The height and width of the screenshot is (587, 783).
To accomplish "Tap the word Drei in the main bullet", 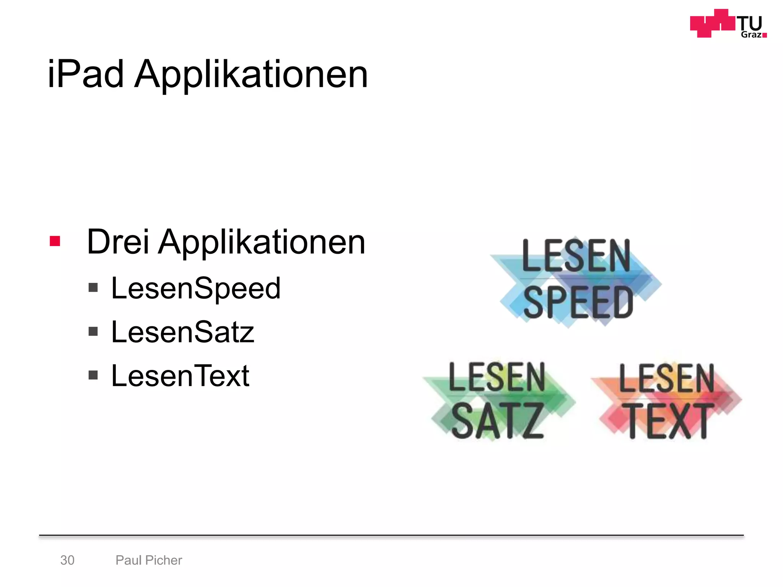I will (x=118, y=242).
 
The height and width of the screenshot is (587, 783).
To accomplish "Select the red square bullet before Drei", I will (x=55, y=241).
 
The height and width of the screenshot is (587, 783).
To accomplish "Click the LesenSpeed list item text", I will (x=196, y=288).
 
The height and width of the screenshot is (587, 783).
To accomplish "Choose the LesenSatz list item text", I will (x=183, y=332).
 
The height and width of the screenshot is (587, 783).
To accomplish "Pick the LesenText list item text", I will (x=180, y=376).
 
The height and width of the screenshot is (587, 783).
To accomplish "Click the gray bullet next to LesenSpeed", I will (x=93, y=287).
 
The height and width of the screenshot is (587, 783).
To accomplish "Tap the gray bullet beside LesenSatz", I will (x=93, y=331).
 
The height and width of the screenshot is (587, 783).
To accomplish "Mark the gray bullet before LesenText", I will (x=93, y=375).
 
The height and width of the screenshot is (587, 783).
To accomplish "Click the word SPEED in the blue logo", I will (x=578, y=303).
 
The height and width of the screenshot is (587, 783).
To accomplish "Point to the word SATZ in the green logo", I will (x=497, y=421).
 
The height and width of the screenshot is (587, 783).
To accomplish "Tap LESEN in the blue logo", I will (x=576, y=256).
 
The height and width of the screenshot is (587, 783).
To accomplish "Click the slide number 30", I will (x=67, y=560).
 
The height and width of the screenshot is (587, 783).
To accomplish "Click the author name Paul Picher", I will (x=149, y=560).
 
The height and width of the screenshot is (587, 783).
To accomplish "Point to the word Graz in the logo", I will (x=751, y=35).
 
